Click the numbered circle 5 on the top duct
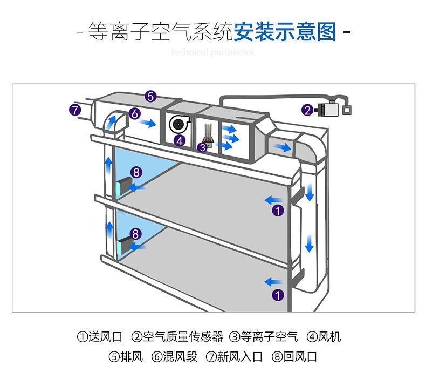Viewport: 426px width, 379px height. tap(150, 97)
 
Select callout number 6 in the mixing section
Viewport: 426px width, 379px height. tap(135, 114)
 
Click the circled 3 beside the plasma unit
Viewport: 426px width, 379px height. tap(203, 146)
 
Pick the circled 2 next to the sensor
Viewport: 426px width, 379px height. tap(307, 110)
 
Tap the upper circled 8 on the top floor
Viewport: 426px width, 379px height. tap(136, 172)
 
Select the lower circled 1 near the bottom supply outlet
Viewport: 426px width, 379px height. tap(277, 295)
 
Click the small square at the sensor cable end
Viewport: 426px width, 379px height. tap(348, 111)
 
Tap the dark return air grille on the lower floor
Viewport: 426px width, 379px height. tap(123, 246)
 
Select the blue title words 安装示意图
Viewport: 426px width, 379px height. tap(284, 32)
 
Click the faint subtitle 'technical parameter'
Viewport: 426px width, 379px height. tap(212, 52)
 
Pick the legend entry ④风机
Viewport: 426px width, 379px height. tap(324, 337)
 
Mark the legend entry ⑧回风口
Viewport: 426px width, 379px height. tap(294, 357)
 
